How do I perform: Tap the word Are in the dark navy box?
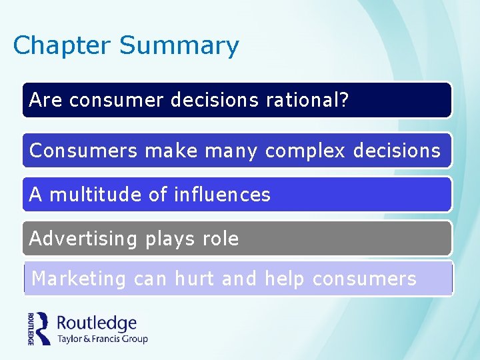point(45,100)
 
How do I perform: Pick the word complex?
point(305,151)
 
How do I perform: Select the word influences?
point(222,195)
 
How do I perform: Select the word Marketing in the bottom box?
point(79,279)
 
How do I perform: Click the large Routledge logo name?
point(97,323)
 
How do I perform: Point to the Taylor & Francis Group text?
point(102,339)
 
